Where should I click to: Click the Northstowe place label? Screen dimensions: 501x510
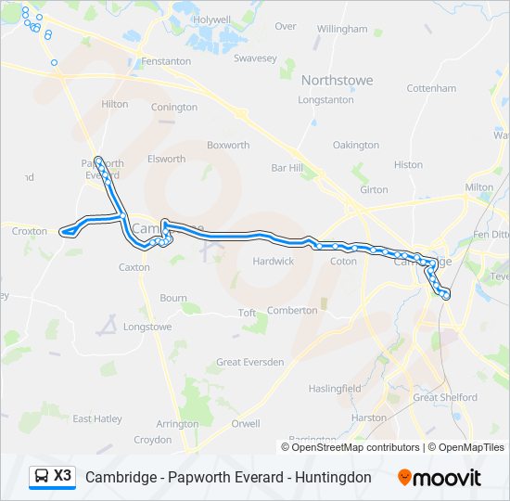point(337,81)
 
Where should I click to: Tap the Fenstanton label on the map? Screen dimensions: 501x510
point(166,61)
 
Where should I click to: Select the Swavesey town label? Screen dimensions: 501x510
point(255,58)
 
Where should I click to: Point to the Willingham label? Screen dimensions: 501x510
point(342,30)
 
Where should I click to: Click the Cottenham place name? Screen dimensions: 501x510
point(431,89)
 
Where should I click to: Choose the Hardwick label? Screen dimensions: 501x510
point(274,262)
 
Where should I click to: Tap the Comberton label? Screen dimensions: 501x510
point(292,311)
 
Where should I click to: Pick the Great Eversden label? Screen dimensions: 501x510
point(250,362)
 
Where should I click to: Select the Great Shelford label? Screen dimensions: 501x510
point(445,398)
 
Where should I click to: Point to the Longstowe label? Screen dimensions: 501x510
point(147,328)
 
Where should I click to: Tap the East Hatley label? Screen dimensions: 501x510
point(97,419)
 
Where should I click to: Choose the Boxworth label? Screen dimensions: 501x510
point(228,146)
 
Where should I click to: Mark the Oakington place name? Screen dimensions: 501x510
point(356,146)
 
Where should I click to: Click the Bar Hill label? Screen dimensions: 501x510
point(287,168)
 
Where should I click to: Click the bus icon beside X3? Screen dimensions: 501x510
point(42,476)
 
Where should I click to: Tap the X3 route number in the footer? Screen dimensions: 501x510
point(62,476)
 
